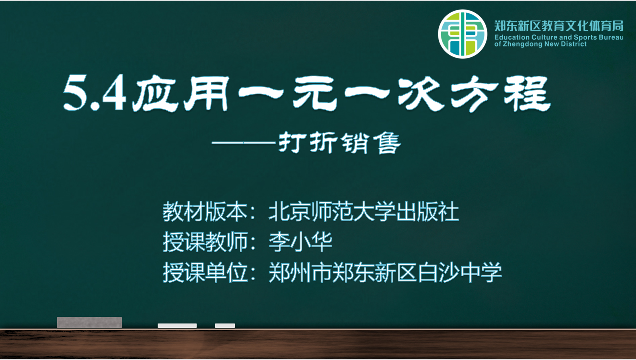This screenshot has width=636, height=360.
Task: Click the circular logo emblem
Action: [x=462, y=34]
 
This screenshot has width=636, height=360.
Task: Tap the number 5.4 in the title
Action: [x=95, y=93]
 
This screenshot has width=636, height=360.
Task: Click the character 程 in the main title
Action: [x=527, y=94]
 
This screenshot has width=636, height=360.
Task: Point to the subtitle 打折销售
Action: [x=339, y=143]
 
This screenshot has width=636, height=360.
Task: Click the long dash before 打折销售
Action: [x=244, y=143]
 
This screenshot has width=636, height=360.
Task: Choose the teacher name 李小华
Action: [x=301, y=242]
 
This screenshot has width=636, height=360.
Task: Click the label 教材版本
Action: [x=205, y=212]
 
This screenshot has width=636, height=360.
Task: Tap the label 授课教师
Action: [x=205, y=242]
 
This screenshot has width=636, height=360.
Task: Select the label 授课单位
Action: [x=205, y=272]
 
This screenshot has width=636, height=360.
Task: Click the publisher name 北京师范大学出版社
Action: [x=364, y=212]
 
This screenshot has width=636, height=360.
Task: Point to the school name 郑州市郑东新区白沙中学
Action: [x=385, y=272]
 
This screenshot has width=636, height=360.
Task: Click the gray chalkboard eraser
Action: [x=89, y=323]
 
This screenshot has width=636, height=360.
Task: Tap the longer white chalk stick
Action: [x=177, y=326]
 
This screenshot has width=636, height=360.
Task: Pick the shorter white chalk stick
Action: [x=225, y=326]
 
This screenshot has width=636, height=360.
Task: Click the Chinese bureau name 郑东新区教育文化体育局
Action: [x=559, y=26]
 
